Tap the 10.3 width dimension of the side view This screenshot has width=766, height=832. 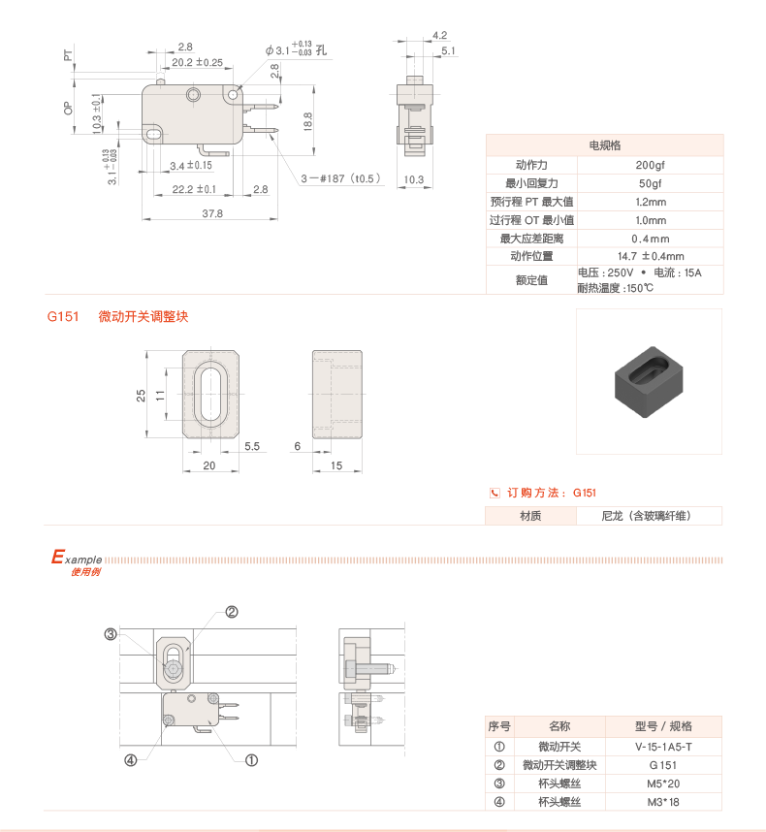[x=414, y=179]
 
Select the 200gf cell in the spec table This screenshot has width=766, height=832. [x=650, y=165]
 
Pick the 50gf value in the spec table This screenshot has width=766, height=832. [x=650, y=183]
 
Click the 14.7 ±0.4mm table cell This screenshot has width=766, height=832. [x=650, y=256]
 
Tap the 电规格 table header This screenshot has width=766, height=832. [x=604, y=145]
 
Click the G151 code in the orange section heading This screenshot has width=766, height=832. [x=62, y=317]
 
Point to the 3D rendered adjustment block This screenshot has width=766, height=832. [x=649, y=381]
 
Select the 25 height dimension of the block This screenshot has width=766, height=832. [x=142, y=395]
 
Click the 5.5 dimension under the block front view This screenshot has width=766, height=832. [x=251, y=446]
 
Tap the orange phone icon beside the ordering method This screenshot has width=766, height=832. [x=495, y=493]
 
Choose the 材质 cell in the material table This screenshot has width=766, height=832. [x=530, y=516]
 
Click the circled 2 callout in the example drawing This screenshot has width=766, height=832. [x=232, y=612]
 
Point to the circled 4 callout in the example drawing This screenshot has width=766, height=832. [x=130, y=760]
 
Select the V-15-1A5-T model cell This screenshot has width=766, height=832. [x=663, y=747]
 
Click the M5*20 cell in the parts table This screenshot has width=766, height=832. [x=663, y=784]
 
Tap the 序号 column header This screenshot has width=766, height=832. [x=499, y=726]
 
